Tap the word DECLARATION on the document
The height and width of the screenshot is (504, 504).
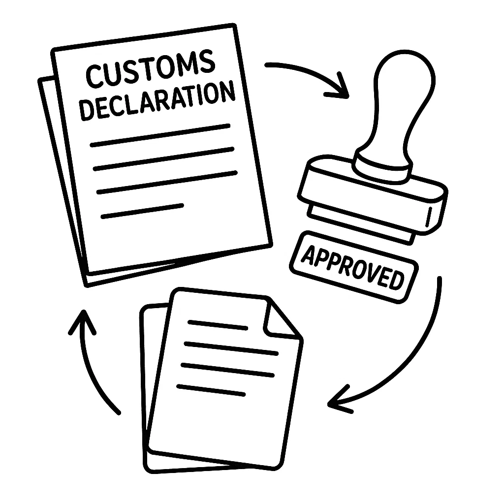click(157, 101)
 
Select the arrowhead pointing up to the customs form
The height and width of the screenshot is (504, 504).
click(82, 320)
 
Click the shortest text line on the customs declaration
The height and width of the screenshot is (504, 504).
click(142, 210)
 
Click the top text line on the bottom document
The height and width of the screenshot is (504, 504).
click(218, 325)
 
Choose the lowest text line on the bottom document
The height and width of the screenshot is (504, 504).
click(211, 390)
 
